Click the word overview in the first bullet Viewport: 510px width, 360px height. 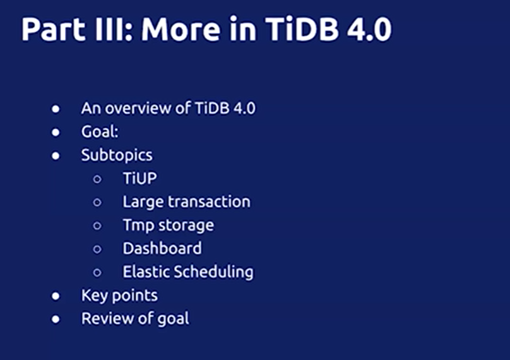[x=138, y=108]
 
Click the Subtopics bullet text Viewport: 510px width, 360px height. [x=117, y=155]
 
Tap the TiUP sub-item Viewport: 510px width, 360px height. [x=139, y=179]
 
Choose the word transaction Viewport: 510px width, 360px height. [x=209, y=202]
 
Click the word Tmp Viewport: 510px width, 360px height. [x=138, y=225]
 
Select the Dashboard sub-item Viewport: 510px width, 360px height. [x=162, y=249]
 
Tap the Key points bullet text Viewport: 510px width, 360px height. [x=119, y=296]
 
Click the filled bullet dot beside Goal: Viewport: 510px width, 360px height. [x=56, y=133]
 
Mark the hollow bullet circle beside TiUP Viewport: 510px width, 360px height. [x=97, y=179]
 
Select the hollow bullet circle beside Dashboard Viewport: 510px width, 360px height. [x=97, y=249]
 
